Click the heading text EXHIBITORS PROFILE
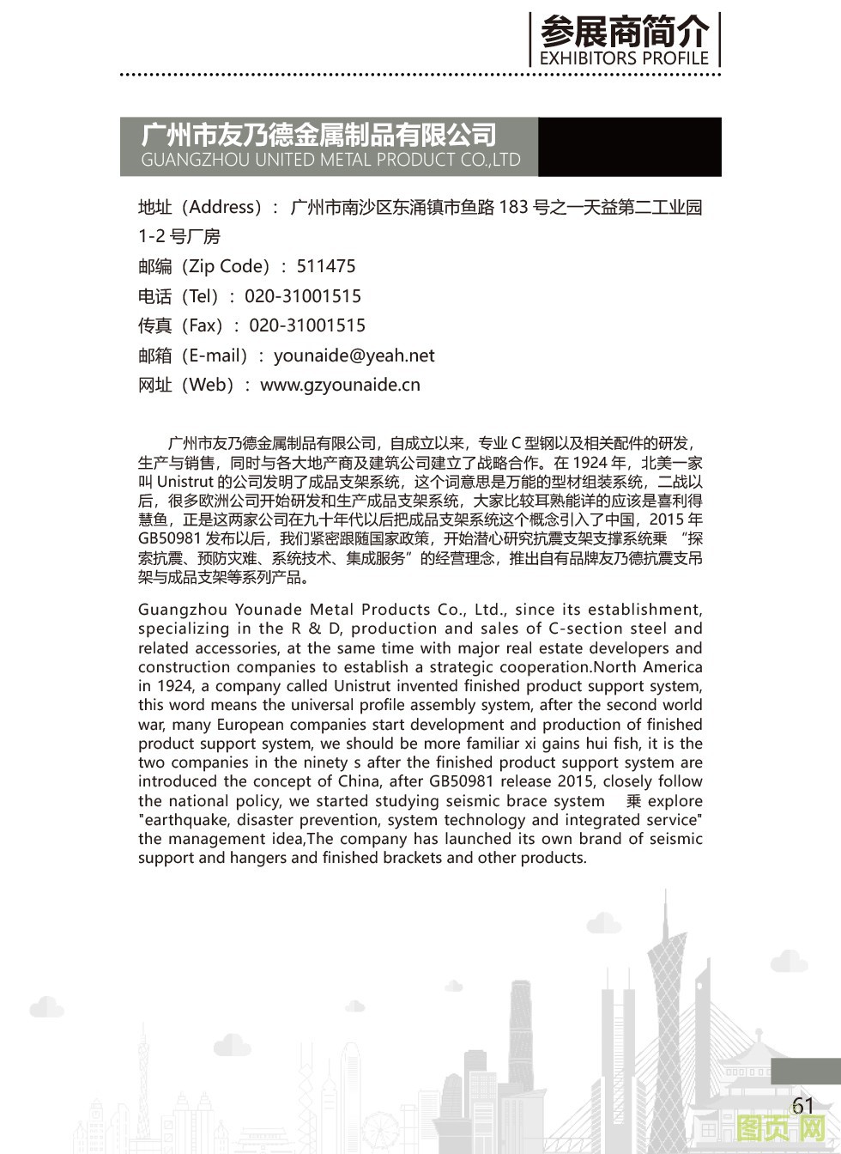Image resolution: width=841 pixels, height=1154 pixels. pyautogui.click(x=624, y=58)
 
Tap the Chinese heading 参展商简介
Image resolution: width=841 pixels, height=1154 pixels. pyautogui.click(x=624, y=32)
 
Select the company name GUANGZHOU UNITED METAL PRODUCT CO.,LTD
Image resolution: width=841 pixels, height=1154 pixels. pyautogui.click(x=330, y=160)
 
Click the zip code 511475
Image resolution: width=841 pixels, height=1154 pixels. pyautogui.click(x=326, y=266)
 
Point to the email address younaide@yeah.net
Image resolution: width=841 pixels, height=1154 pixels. pyautogui.click(x=354, y=355)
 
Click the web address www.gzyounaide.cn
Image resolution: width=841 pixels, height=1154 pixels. pyautogui.click(x=340, y=385)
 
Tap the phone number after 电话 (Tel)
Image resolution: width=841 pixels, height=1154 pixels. pyautogui.click(x=303, y=296)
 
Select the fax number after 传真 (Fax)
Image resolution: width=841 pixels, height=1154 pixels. pyautogui.click(x=307, y=325)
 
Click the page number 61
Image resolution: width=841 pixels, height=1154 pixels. pyautogui.click(x=802, y=1105)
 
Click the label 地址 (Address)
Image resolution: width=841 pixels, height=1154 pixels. pyautogui.click(x=201, y=207)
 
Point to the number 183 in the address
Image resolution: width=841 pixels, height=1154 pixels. pyautogui.click(x=513, y=207)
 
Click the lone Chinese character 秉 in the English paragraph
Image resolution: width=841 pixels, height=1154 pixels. pyautogui.click(x=633, y=801)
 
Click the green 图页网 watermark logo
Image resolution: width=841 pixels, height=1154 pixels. pyautogui.click(x=780, y=1128)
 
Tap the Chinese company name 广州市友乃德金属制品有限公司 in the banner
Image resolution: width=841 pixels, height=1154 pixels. pyautogui.click(x=318, y=135)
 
